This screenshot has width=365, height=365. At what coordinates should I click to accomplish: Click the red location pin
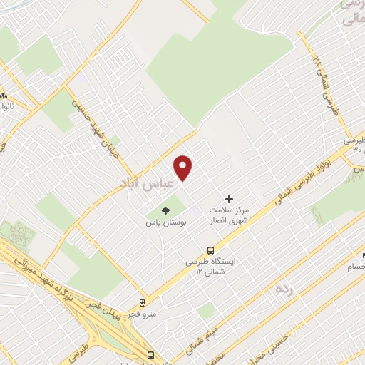coord(183,168)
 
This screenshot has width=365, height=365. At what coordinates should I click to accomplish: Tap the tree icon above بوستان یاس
coord(165,211)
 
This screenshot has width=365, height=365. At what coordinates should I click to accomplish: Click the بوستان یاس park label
coord(165,223)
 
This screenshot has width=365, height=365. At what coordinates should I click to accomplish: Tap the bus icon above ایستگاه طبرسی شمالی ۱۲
coord(210,250)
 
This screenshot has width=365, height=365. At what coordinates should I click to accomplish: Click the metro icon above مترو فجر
coord(143,302)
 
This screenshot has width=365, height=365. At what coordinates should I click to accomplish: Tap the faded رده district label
coord(284,289)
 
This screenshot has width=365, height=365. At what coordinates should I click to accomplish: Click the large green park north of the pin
coord(214,64)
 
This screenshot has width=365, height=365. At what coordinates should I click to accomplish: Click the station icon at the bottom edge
coord(150,355)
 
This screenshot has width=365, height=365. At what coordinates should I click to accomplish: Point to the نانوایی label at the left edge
coord(9,106)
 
